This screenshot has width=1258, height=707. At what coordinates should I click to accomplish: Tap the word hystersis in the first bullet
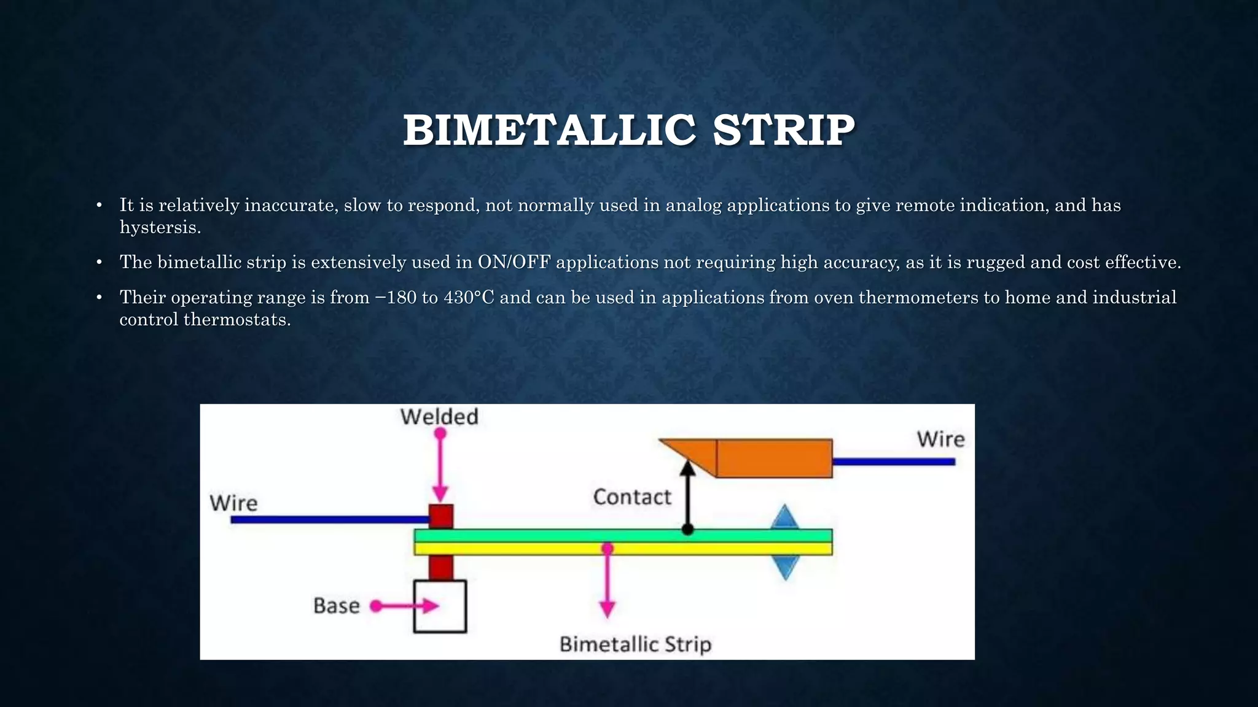coord(160,228)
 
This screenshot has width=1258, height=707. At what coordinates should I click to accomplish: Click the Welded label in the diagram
coord(439,417)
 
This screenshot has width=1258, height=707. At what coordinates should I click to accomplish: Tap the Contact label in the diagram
coord(632,497)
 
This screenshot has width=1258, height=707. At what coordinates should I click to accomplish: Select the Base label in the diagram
coord(337,606)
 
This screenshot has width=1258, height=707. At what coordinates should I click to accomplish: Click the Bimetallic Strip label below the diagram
coord(635,644)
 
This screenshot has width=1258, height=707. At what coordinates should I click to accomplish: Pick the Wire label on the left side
coord(233,503)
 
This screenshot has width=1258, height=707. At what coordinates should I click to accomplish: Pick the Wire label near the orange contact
coord(940,439)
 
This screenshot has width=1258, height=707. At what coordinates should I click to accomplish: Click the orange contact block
coord(774,458)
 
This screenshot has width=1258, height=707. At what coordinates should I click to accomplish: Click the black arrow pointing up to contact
coord(688,497)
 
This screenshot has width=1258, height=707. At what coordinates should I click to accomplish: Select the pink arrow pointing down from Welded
coord(440,466)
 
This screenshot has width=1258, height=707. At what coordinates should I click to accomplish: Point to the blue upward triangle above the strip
coord(784,517)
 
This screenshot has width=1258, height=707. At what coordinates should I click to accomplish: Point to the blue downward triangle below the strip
coord(785,567)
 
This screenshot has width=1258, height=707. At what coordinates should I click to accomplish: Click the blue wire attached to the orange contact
coord(894,462)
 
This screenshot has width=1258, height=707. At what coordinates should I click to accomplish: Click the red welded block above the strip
coord(441,517)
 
